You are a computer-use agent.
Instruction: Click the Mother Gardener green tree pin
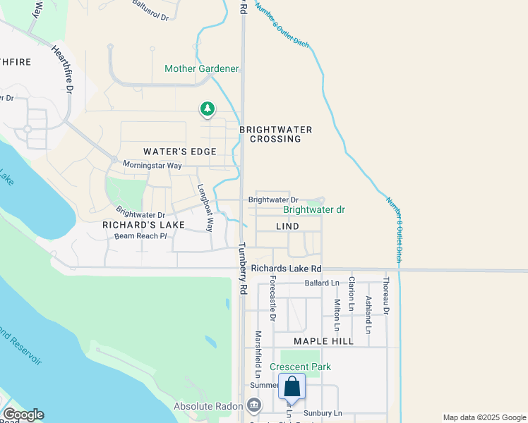point(207,109)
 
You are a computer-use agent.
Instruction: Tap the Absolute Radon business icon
point(255,405)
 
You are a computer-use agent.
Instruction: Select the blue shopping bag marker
point(292,388)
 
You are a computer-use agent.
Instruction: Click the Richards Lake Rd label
point(286,269)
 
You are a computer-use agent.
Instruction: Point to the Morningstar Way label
point(152,165)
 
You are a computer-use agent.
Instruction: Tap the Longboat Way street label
point(205,208)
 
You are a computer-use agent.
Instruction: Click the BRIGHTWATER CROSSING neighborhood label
point(275,134)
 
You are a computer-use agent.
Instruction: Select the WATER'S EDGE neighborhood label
point(179,152)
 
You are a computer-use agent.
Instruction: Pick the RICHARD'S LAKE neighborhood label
point(143,225)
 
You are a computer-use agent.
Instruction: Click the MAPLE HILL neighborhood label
point(323,341)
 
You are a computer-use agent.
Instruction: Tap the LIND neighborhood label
point(287,226)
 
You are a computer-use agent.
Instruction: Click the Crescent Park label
point(300,367)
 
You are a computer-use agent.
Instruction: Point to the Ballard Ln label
point(322,283)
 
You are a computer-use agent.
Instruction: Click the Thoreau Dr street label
point(386,295)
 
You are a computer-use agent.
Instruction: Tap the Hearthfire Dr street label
point(62,70)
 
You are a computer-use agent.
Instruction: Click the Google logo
point(23,415)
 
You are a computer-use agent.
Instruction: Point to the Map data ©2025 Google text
point(484,417)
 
